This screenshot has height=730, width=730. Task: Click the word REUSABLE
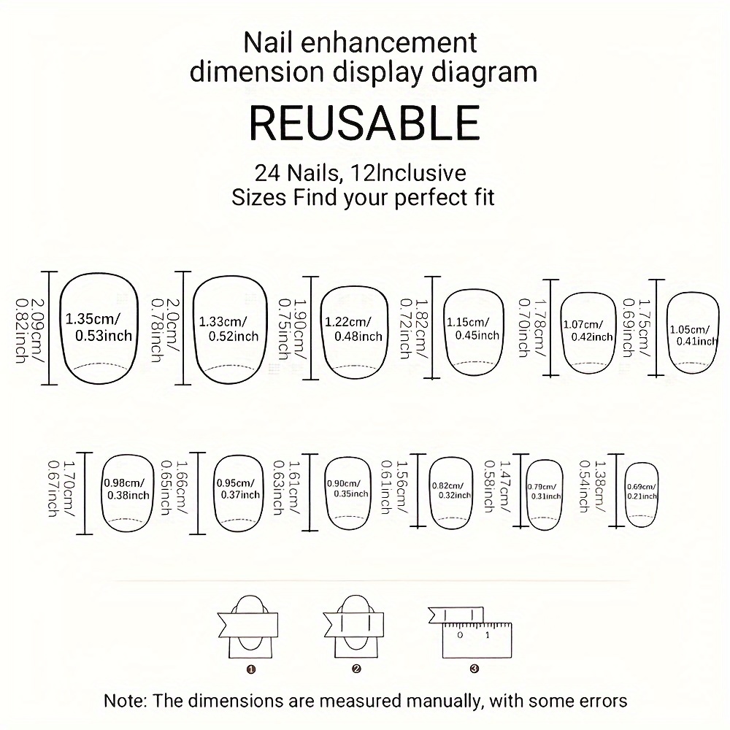(x=364, y=123)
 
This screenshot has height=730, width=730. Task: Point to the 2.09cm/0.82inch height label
(x=30, y=331)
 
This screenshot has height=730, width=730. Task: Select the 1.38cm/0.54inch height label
(x=593, y=486)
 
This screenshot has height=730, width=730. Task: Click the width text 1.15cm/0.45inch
(x=473, y=328)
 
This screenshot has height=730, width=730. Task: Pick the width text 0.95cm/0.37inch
(x=238, y=489)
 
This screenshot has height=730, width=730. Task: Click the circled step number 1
(x=251, y=669)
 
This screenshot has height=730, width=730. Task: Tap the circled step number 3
(x=474, y=669)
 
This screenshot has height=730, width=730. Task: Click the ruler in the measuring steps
(x=477, y=640)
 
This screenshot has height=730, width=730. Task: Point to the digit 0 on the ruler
(x=460, y=635)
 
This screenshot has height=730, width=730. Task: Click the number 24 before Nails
(x=268, y=173)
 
